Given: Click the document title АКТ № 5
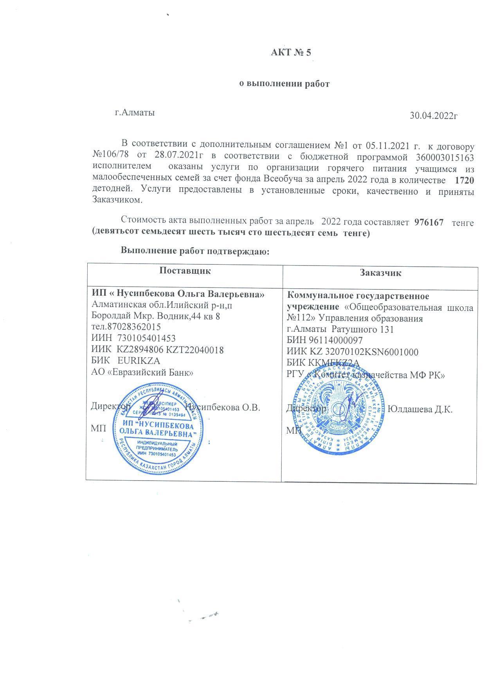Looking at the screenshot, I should click(291, 52).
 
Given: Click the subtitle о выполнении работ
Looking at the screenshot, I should click(285, 83).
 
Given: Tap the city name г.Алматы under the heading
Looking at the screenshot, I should click(134, 113).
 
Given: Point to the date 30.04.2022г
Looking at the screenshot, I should click(434, 116).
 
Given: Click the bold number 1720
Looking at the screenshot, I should click(465, 181).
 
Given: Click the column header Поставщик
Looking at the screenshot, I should click(185, 271).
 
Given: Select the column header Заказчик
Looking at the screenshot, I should click(380, 273).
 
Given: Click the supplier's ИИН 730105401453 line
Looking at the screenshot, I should click(133, 338).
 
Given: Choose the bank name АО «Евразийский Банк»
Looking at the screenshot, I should click(142, 372).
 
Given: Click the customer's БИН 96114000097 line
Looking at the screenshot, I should click(324, 340).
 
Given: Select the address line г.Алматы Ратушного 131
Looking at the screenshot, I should click(340, 329).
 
